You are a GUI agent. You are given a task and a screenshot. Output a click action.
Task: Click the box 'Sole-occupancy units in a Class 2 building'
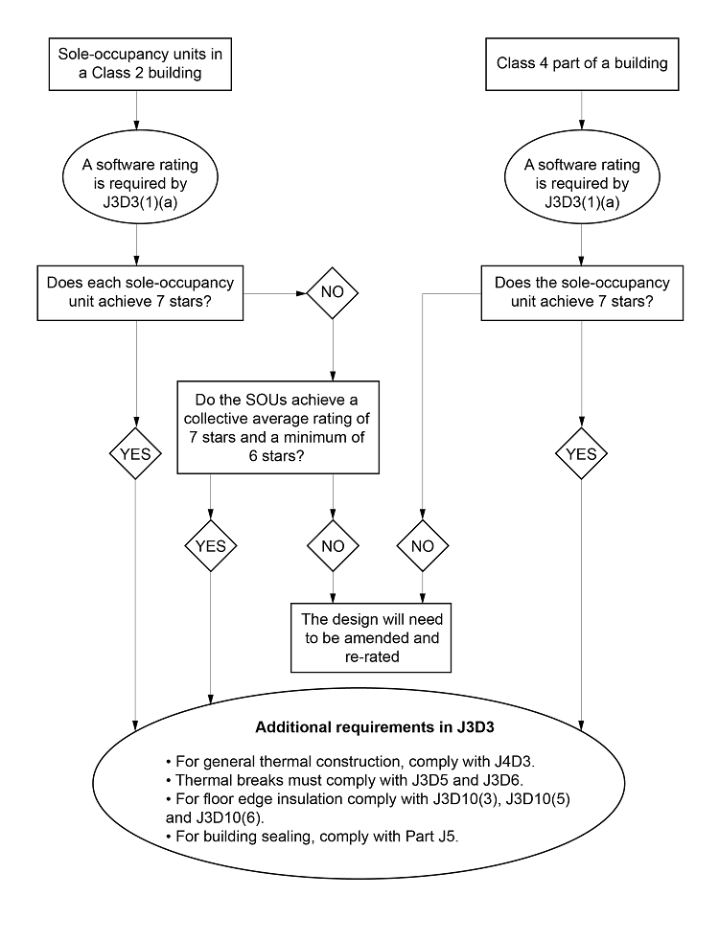click(140, 63)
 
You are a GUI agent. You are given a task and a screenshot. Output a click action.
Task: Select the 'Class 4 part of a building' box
click(582, 63)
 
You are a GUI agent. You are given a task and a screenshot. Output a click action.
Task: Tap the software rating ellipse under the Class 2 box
click(140, 183)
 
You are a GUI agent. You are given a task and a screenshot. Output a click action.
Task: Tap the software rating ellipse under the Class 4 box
click(582, 183)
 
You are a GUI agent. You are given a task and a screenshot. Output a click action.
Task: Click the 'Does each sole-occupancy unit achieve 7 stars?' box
click(140, 292)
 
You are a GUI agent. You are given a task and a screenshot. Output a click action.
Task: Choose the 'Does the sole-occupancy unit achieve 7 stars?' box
click(582, 292)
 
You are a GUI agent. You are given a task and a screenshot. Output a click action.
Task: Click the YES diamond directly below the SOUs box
click(211, 545)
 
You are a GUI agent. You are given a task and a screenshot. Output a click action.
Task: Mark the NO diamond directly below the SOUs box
click(332, 545)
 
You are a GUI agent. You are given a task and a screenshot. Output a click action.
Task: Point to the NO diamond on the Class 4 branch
click(423, 545)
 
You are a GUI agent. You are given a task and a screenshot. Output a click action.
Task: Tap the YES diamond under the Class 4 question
click(582, 453)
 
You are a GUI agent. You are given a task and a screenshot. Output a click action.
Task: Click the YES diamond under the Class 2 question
click(135, 453)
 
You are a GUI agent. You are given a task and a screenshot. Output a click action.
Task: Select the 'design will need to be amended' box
click(372, 636)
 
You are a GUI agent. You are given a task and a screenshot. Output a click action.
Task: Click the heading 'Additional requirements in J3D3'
click(359, 727)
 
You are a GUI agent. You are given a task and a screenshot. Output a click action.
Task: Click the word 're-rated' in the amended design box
click(372, 656)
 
